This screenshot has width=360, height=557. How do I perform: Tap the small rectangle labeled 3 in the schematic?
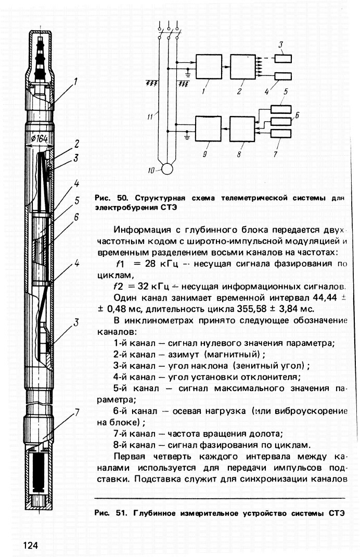(283, 58)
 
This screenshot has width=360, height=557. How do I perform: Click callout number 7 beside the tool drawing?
(77, 413)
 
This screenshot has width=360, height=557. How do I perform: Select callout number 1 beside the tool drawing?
(75, 82)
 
